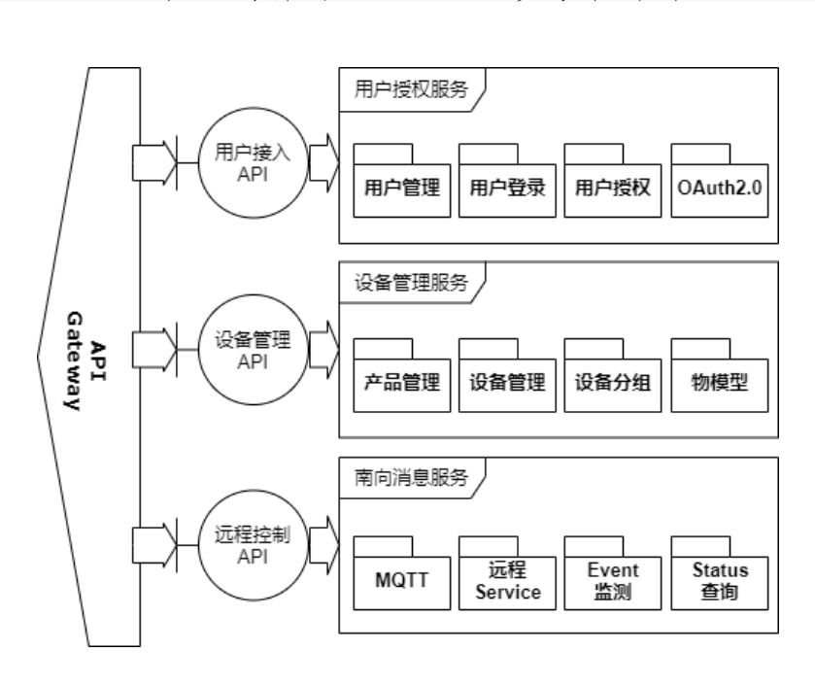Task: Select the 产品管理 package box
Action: click(401, 380)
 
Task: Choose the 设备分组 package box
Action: click(612, 380)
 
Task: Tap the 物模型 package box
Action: click(719, 380)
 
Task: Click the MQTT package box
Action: click(401, 580)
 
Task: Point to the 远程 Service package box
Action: click(507, 580)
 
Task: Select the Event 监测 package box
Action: click(612, 580)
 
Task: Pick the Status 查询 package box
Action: click(719, 580)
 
